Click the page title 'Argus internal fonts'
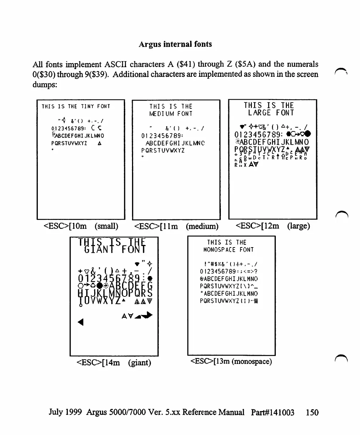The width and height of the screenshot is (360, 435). coord(175,44)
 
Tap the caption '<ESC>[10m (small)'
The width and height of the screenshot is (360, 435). coord(80,226)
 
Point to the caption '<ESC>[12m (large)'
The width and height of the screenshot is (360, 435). coord(273,226)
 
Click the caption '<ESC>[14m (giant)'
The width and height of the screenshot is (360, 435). coord(114,363)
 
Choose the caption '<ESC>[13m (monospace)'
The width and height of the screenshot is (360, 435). coord(231,361)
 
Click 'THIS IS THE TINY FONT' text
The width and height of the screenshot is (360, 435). coord(76,106)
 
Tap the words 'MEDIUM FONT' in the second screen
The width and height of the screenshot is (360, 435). coord(171,114)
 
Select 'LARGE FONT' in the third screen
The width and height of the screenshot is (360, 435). coord(271,113)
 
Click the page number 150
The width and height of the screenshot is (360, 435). coord(312,412)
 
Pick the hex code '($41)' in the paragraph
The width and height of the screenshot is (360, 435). coord(186,65)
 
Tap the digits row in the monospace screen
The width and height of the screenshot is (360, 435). coord(228,271)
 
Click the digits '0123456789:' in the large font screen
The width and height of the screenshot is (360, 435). coord(258,135)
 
